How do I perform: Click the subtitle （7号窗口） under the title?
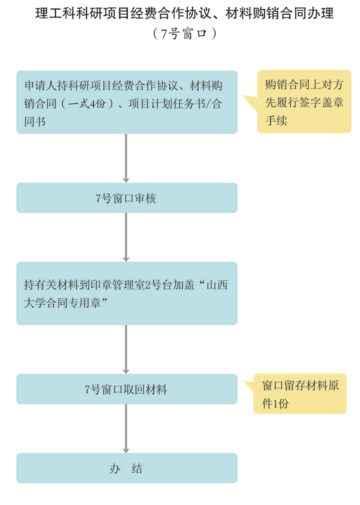[x=185, y=33]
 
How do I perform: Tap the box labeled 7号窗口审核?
[x=127, y=198]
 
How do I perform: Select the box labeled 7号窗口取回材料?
[x=127, y=389]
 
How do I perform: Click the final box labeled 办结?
[x=127, y=468]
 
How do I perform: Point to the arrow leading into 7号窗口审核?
[x=126, y=158]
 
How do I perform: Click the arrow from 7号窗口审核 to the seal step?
[x=126, y=237]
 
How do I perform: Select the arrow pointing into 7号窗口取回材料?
[x=126, y=349]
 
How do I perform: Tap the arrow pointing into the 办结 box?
[x=126, y=429]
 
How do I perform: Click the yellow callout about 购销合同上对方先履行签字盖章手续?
[x=304, y=102]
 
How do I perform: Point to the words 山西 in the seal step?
[x=217, y=284]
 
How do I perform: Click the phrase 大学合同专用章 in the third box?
[x=63, y=302]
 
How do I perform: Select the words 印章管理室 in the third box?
[x=117, y=284]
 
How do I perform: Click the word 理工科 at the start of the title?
[x=52, y=14]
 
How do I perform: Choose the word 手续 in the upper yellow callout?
[x=276, y=121]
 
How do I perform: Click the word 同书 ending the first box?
[x=35, y=122]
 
